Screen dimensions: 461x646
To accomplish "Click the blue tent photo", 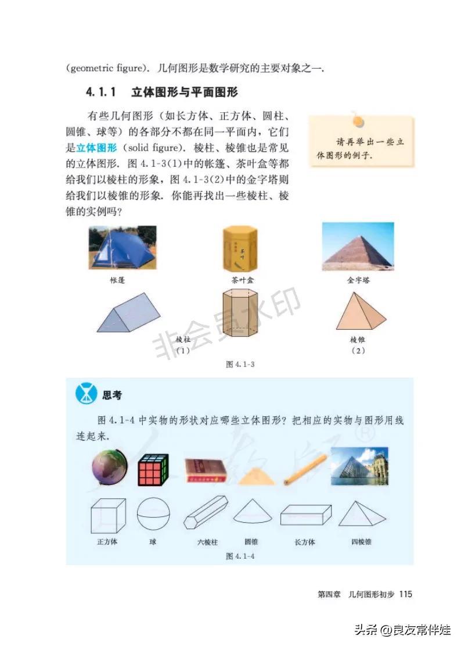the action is pos(123,247).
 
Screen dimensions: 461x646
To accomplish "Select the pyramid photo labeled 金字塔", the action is pos(358,247).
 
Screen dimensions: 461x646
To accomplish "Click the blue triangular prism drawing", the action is pos(128,312).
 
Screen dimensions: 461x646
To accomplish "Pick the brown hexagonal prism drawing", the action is pos(240,316).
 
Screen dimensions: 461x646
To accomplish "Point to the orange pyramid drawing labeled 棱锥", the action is pos(361,311).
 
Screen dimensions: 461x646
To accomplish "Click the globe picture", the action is pos(110,467).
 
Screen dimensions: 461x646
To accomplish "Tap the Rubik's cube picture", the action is pos(153,470).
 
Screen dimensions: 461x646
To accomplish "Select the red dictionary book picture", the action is pos(206,470).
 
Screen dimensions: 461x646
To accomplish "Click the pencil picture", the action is pos(305,469).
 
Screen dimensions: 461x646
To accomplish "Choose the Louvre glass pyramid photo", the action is pos(359,466).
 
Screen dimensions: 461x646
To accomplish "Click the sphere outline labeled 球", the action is pos(153,513).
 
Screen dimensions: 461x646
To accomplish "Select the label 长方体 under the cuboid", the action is pos(305,542).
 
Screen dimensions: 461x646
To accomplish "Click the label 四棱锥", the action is pos(362,542).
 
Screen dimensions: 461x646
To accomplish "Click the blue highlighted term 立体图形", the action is pos(96,148).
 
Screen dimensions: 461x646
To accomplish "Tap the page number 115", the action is pos(405,594).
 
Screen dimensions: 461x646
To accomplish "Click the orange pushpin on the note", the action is pos(358,120).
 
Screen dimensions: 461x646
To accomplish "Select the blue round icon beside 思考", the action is pos(87,394).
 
